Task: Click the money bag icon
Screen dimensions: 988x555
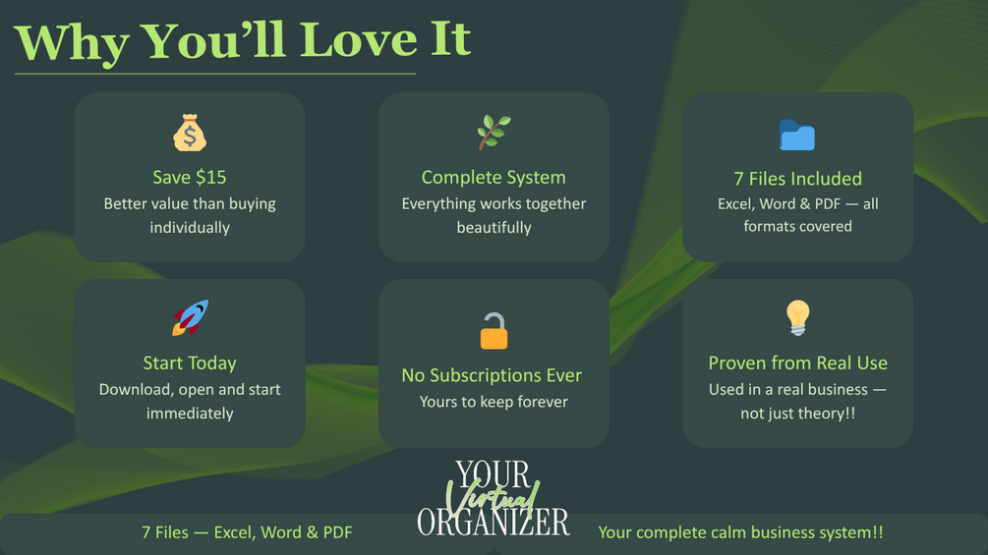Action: tap(190, 133)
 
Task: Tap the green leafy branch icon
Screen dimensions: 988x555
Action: tap(494, 133)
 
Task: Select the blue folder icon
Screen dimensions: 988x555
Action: tap(797, 135)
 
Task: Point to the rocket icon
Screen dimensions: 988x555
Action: tap(190, 317)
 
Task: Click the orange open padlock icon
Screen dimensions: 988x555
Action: tap(494, 330)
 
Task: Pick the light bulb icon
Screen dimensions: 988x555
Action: tap(797, 317)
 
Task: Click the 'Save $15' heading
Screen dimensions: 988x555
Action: tap(190, 178)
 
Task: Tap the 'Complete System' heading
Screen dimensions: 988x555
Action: tap(494, 178)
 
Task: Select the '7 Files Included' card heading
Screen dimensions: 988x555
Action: tap(797, 179)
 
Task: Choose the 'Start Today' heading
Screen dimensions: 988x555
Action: tap(190, 363)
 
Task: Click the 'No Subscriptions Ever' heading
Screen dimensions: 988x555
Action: tap(492, 375)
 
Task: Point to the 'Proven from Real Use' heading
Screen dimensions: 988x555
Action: tap(797, 363)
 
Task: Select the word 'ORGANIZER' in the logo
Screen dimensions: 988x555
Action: tap(494, 523)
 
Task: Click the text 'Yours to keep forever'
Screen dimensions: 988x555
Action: tap(494, 402)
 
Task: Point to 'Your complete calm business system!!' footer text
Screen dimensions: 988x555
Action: tap(740, 533)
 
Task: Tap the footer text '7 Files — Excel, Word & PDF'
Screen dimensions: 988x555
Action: tap(247, 532)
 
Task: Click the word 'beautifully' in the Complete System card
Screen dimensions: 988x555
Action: tap(494, 228)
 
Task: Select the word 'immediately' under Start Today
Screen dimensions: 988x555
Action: tap(190, 414)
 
